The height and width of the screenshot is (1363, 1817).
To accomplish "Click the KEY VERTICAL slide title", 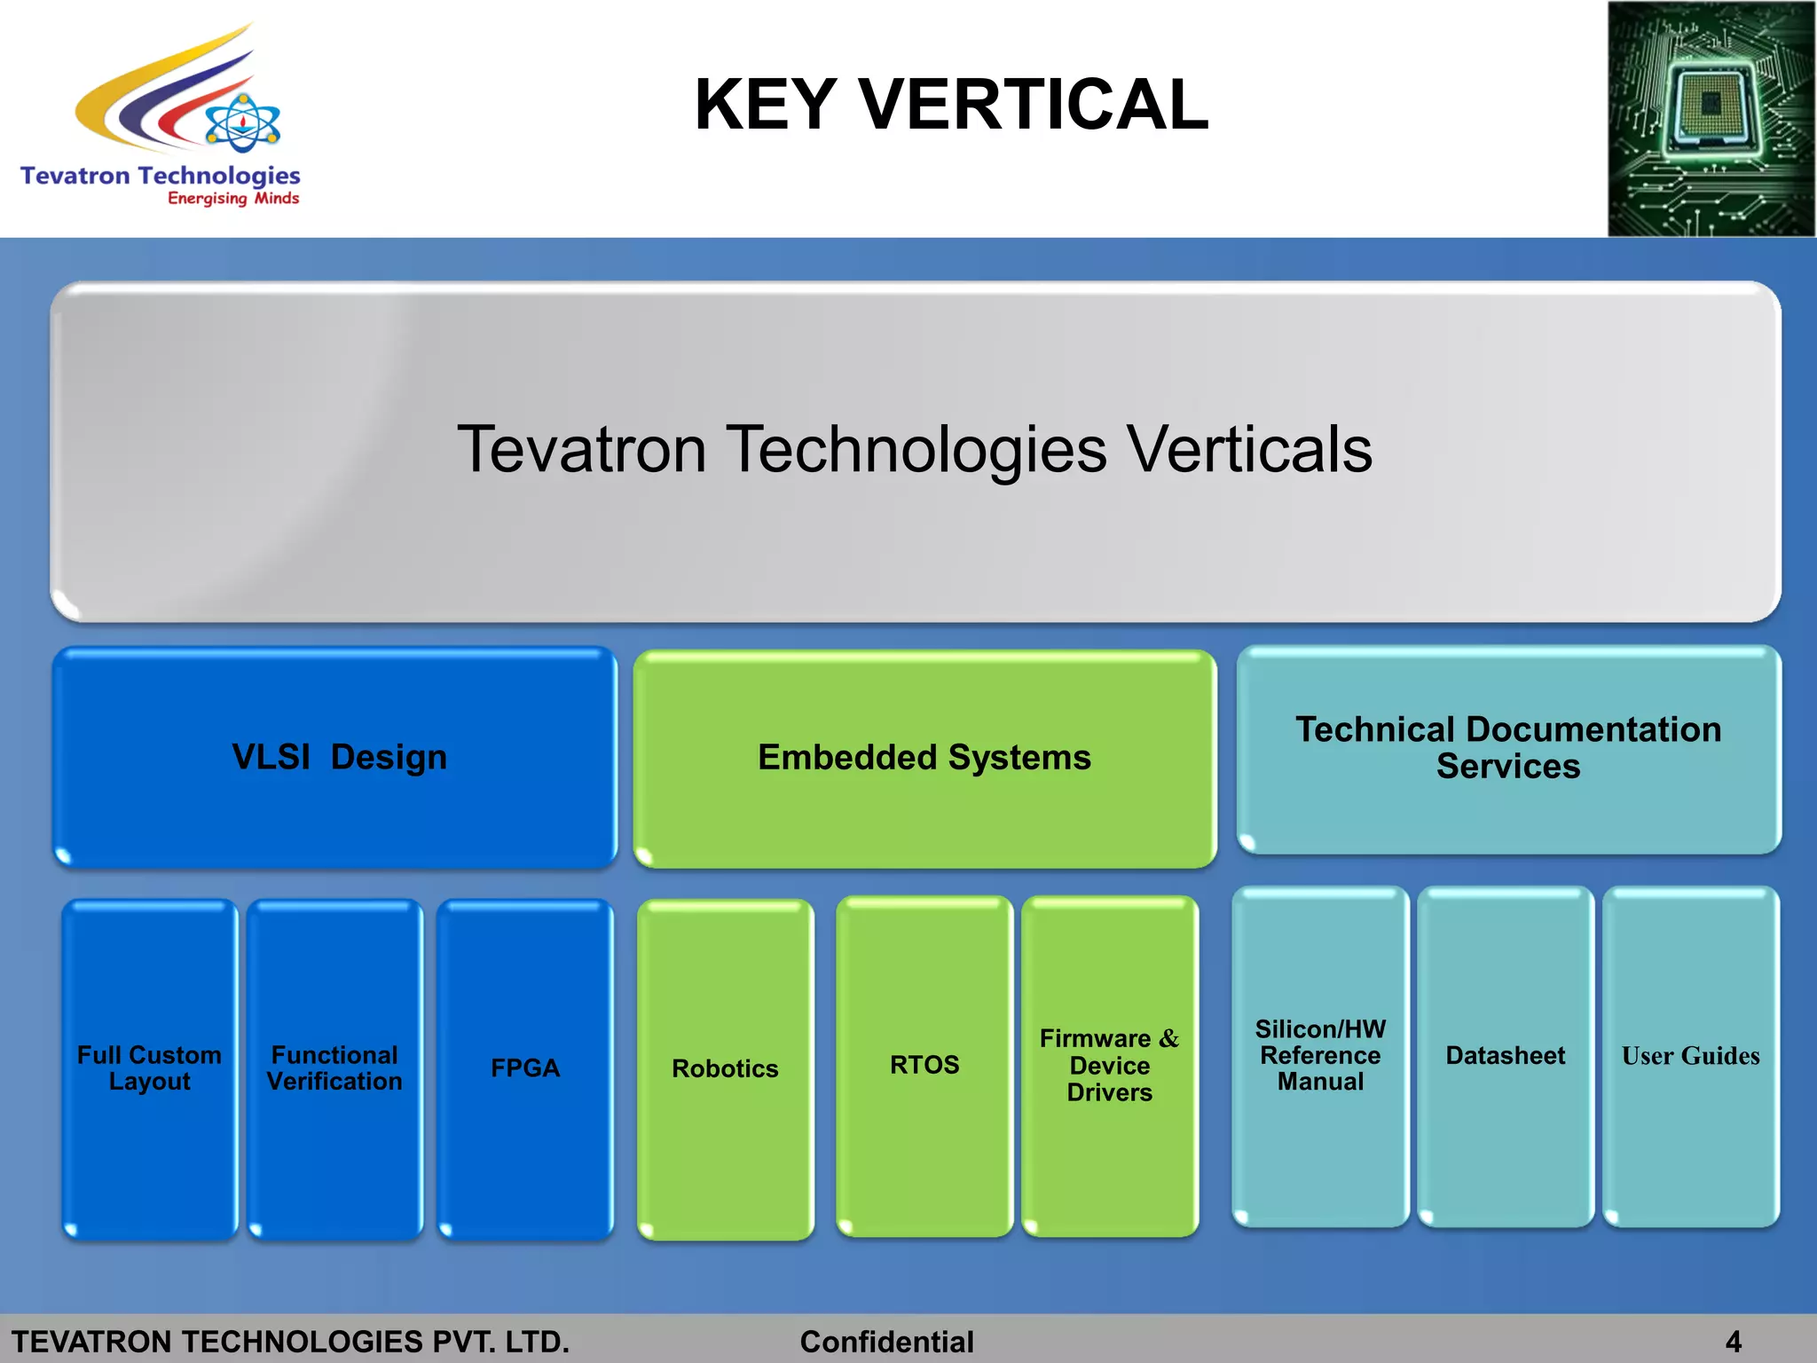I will (x=951, y=105).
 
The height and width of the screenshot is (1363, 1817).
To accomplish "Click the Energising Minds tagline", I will (x=233, y=198).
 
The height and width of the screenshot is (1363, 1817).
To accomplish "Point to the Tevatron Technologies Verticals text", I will (x=915, y=449).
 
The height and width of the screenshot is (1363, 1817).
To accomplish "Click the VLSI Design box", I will (x=335, y=757).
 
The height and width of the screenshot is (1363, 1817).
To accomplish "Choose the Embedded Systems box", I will (x=924, y=758).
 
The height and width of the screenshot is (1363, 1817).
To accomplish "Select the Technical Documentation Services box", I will (x=1508, y=748).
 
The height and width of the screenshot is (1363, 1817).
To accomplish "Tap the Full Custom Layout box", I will (x=149, y=1068).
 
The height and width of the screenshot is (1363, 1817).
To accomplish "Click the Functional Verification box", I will (x=334, y=1068).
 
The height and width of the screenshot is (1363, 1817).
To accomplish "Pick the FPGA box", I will (x=525, y=1068).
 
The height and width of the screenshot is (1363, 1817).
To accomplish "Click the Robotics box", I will (x=725, y=1069).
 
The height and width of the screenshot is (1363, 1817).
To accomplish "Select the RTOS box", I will (x=924, y=1065).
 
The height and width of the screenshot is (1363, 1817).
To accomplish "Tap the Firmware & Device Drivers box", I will (x=1110, y=1065).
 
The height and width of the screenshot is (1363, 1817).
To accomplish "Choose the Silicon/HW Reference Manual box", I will (x=1320, y=1056).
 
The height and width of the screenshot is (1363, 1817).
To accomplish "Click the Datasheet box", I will (x=1506, y=1056).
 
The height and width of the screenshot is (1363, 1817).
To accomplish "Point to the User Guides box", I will (x=1690, y=1056).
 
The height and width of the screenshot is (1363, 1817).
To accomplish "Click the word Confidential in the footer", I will (x=886, y=1342).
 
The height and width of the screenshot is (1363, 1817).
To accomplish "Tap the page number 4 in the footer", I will (x=1733, y=1342).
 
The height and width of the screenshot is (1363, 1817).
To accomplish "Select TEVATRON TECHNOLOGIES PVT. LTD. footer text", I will (x=290, y=1342).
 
